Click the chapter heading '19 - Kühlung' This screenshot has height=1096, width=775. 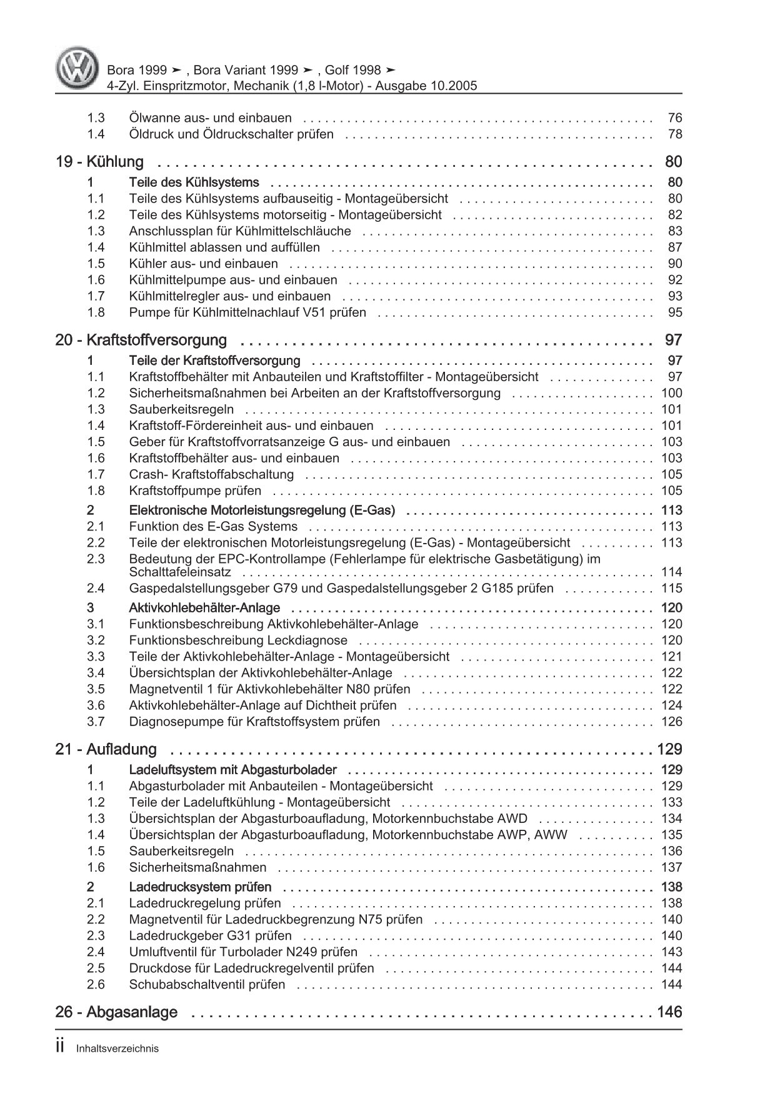point(99,162)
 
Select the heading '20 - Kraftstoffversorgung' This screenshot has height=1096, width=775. point(141,341)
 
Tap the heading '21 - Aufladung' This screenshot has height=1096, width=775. point(106,749)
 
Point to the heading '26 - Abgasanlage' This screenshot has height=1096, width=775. point(116,1012)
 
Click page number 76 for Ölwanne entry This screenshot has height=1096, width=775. point(674,118)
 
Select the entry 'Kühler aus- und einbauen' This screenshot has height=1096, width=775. point(203,264)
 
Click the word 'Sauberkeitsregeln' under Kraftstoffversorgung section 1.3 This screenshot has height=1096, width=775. point(181,409)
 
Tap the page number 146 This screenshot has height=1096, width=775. point(669,1012)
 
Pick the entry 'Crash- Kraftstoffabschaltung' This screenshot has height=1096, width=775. point(211,474)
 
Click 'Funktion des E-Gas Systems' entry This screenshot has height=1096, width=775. point(213,526)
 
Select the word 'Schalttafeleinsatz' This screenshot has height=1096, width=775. point(180,572)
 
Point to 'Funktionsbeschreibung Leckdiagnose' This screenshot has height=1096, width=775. point(237,640)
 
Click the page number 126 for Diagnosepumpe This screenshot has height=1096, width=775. point(671,722)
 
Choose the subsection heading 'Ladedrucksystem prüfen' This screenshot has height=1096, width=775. point(200,887)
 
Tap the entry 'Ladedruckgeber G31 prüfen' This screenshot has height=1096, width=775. point(210,935)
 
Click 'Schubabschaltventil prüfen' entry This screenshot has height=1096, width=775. point(207,984)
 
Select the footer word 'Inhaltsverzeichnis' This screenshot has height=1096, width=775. point(117,1049)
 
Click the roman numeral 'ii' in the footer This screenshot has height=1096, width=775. point(60,1047)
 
